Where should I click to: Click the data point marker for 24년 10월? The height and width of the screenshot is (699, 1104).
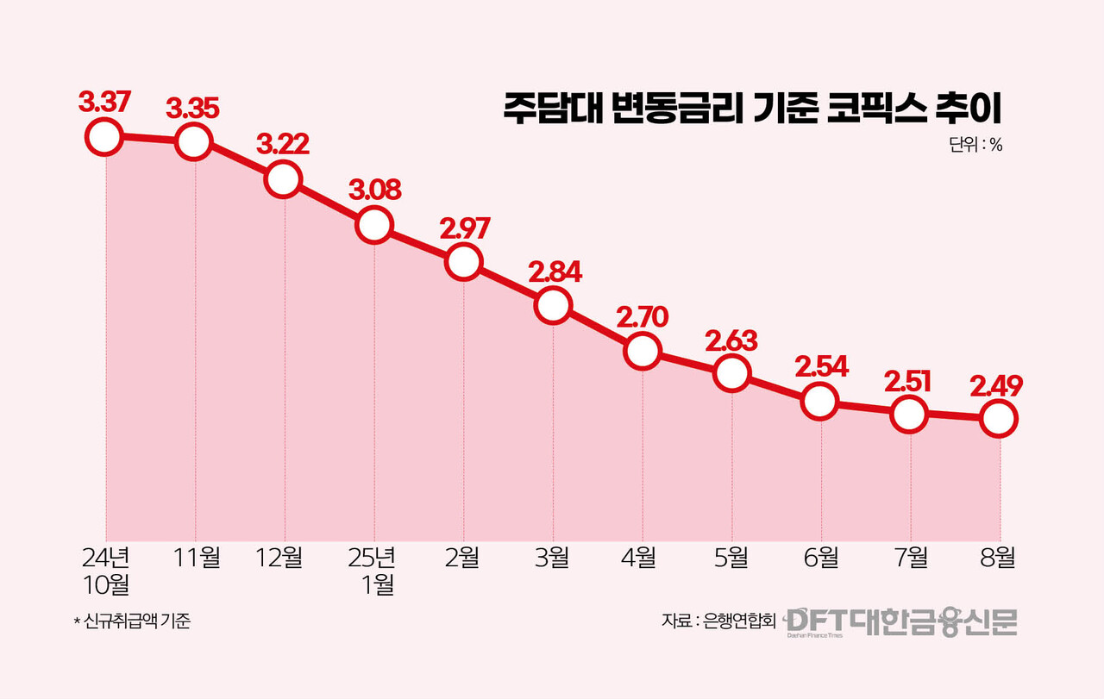coord(103,137)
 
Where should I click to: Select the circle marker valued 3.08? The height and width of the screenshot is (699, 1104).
coord(373,225)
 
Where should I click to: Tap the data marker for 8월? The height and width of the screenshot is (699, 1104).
coord(998,419)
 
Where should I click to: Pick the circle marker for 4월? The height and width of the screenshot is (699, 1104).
coord(642,351)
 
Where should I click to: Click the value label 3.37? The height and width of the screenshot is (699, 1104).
coord(103,103)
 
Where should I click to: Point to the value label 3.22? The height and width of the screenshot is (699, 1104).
coord(282,144)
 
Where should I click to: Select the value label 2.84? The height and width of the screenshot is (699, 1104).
coord(553,271)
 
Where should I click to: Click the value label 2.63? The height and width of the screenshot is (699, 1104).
coord(731,340)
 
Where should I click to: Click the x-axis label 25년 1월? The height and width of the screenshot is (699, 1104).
coord(373,571)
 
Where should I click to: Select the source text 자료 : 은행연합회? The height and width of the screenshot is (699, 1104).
coord(718,621)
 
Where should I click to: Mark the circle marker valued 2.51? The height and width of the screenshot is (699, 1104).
coord(909,415)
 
